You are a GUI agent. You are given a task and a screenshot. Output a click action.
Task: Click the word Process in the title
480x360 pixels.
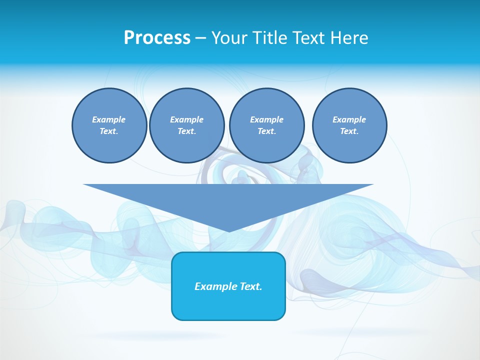[x=157, y=38]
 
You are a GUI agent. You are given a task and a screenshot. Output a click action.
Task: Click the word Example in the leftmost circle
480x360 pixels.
[x=109, y=119]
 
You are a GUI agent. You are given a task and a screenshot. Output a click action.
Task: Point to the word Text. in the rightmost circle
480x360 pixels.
[x=349, y=131]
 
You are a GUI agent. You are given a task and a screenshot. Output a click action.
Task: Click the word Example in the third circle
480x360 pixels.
[x=266, y=119]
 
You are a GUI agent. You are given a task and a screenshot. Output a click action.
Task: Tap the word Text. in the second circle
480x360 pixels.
[x=186, y=131]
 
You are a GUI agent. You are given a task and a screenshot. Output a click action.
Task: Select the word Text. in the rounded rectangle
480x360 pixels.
[x=250, y=286]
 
